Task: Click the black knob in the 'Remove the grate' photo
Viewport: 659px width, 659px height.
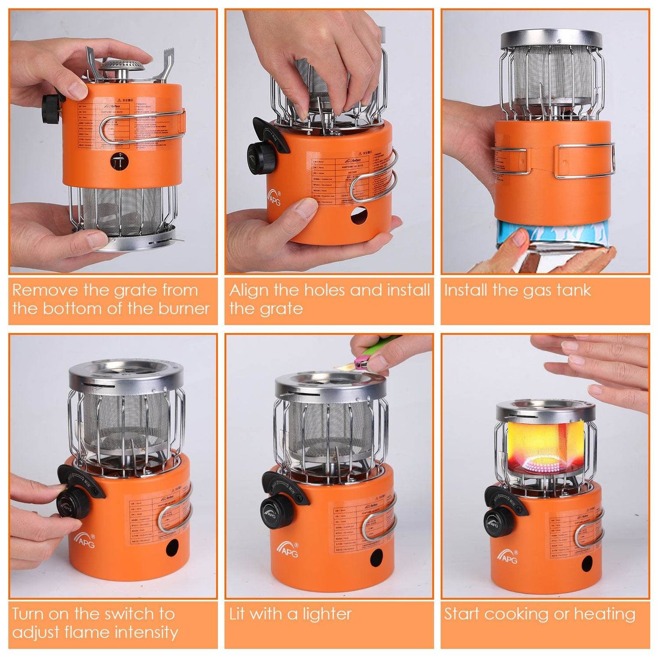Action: [50, 109]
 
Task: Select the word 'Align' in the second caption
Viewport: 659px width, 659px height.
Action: [249, 290]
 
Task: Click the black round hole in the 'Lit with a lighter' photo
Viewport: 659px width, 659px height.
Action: [376, 557]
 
